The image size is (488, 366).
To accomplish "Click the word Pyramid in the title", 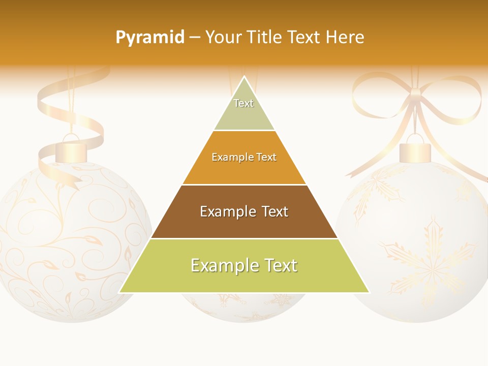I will [149, 38].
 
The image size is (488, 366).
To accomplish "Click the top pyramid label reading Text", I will [243, 103].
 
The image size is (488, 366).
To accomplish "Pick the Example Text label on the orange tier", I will [244, 157].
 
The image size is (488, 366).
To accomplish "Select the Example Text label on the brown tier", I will [244, 211].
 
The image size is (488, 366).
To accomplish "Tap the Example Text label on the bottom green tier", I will [244, 265].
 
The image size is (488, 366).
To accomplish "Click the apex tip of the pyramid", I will [245, 77].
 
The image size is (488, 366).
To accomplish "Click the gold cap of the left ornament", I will [71, 153].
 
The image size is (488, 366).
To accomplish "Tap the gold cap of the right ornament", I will [415, 153].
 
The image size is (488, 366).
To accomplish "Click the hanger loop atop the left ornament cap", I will [71, 138].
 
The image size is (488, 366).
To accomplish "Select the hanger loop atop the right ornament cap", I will [415, 138].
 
